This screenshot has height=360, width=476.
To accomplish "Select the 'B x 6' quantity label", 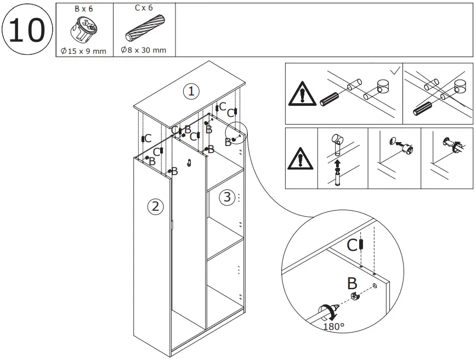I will (x=84, y=8).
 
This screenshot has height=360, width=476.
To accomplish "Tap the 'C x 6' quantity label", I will (x=144, y=8).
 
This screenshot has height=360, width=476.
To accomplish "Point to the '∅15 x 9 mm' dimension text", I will (x=84, y=50).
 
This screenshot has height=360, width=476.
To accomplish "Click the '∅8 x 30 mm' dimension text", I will (x=144, y=50).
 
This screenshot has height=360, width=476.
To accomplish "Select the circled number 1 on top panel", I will (x=190, y=91).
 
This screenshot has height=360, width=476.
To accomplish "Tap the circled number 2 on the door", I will (x=155, y=206).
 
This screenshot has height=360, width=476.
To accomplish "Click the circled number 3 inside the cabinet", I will (x=228, y=197).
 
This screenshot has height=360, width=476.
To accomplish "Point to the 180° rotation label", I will (x=334, y=327).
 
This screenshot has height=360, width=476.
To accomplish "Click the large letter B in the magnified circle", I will (x=352, y=284).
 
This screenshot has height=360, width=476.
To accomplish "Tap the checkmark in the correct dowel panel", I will (x=394, y=71).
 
